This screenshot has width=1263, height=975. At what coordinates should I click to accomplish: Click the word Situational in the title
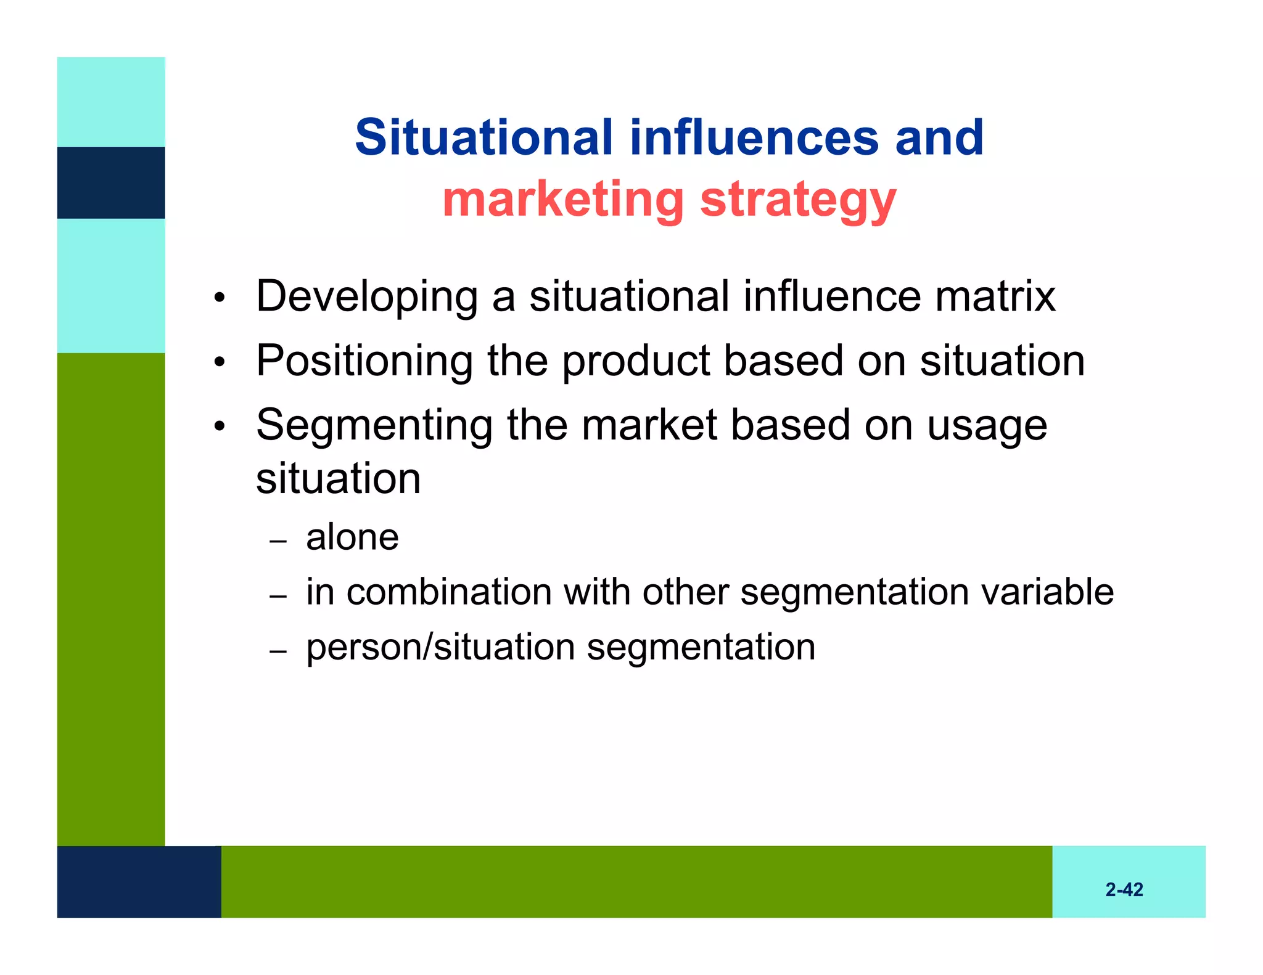[x=484, y=137]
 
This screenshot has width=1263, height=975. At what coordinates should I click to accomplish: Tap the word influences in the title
[x=754, y=137]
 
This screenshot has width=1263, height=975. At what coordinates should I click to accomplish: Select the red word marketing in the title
[x=563, y=200]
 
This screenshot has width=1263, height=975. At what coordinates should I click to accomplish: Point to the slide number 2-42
[x=1124, y=889]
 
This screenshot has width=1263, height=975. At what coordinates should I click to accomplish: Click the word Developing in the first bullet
[x=366, y=298]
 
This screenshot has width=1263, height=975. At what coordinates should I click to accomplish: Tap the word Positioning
[x=364, y=362]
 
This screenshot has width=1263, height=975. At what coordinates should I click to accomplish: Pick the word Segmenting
[x=374, y=426]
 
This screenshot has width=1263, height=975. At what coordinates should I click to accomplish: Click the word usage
[x=987, y=426]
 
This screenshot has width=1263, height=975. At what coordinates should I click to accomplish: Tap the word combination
[x=449, y=592]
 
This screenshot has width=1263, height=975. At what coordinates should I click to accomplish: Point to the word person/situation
[x=440, y=648]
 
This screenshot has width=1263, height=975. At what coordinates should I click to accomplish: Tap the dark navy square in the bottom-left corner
[x=139, y=881]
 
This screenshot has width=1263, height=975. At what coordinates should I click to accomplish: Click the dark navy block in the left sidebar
[x=111, y=182]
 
